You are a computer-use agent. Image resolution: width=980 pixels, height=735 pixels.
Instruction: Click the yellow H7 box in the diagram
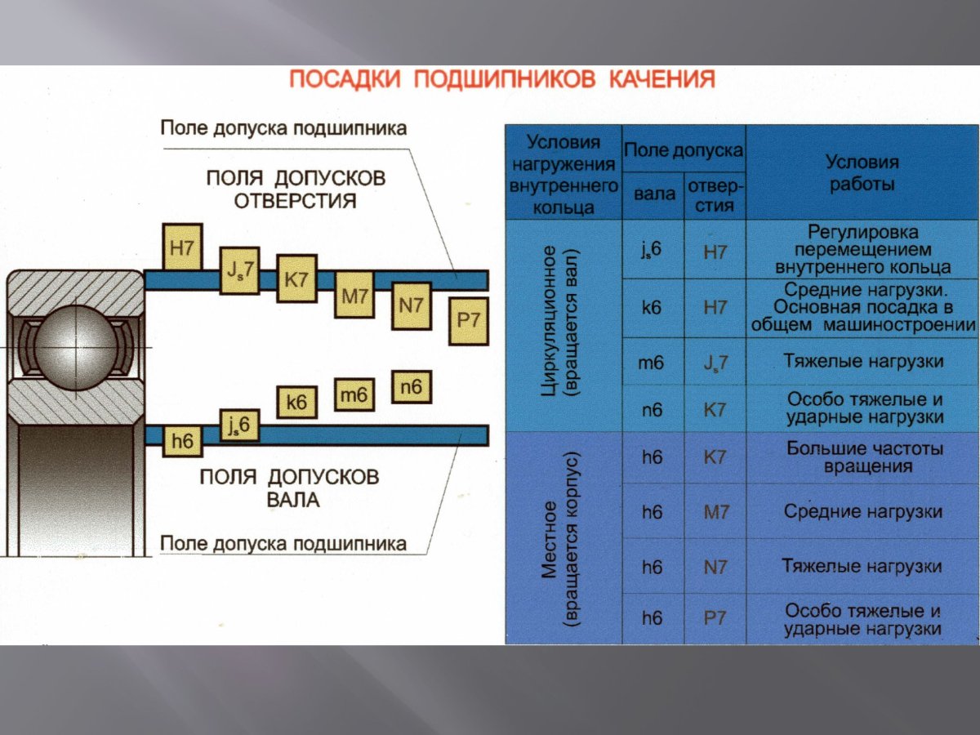184,247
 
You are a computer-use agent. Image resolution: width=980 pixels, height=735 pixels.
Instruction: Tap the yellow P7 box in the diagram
469,320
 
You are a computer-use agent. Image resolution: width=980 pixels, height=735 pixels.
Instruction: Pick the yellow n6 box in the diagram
412,387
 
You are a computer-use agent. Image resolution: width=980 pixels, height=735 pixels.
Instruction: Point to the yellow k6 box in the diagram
296,402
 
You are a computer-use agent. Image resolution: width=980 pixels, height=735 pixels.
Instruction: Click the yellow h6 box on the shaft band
182,442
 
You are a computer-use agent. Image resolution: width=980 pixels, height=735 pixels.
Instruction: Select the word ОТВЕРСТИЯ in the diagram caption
296,200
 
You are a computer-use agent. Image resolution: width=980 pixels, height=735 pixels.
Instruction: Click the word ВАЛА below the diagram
293,499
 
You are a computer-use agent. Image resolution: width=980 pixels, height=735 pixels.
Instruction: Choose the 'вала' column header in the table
654,194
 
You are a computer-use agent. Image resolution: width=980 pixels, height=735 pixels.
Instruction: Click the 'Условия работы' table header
862,173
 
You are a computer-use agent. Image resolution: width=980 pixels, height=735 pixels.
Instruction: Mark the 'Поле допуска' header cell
684,150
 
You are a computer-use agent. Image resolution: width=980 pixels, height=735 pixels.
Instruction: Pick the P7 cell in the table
715,618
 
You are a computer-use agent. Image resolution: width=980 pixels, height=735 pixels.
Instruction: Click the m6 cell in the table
652,363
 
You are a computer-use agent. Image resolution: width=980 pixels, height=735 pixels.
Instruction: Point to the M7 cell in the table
715,513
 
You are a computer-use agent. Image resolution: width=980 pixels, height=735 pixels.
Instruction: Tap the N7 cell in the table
715,567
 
